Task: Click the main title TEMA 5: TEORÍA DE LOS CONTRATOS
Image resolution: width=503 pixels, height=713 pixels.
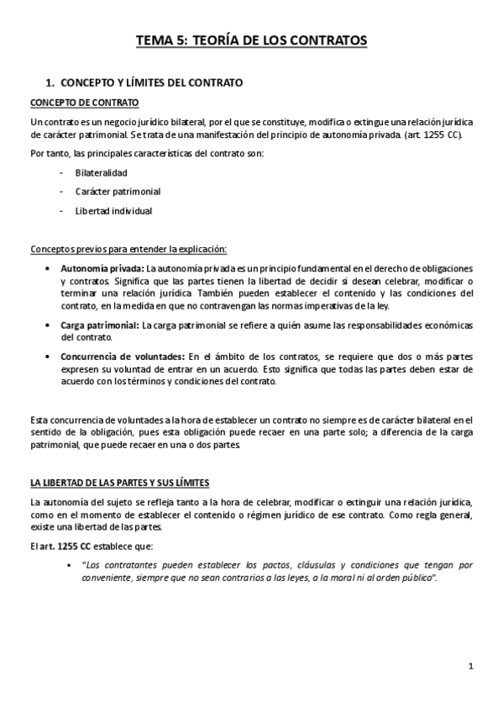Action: (252, 40)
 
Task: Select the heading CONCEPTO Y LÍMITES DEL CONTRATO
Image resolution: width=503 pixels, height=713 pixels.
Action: (152, 83)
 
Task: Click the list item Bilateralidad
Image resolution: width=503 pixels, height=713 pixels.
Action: (101, 172)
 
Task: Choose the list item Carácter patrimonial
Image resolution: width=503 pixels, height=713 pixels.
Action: (118, 191)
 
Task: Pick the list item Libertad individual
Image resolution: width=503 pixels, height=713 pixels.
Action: (113, 211)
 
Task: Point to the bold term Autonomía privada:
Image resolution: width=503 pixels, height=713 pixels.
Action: (103, 267)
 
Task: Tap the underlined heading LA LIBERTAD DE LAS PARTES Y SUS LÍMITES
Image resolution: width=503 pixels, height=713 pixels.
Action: (119, 483)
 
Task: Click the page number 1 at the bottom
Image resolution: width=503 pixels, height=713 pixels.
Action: (471, 666)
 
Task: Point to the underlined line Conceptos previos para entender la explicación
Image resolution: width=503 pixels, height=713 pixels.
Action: (128, 248)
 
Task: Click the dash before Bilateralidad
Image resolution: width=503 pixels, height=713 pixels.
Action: (62, 172)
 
